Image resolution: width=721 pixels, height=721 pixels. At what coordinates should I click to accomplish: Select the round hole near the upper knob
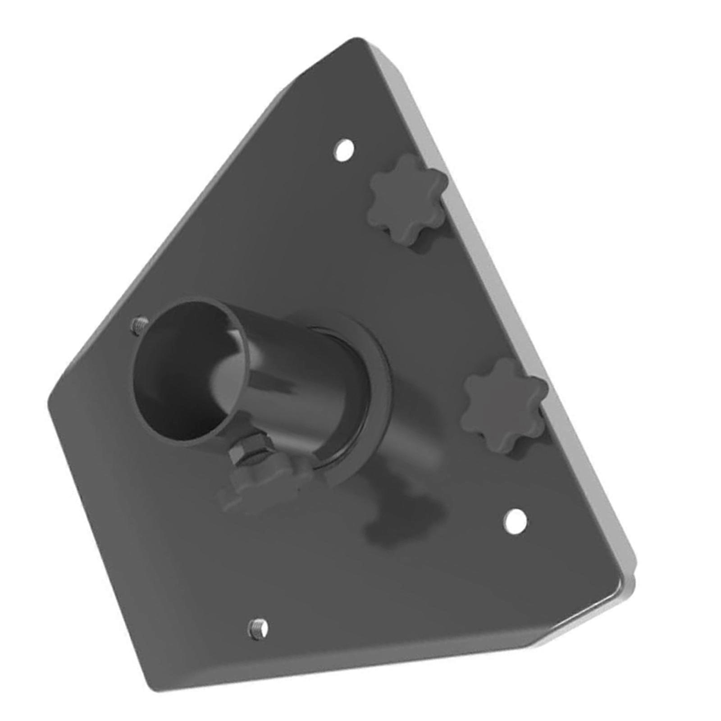tap(343, 150)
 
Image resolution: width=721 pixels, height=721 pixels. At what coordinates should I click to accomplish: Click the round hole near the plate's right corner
tap(515, 522)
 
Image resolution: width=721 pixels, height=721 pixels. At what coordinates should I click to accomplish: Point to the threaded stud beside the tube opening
tap(139, 324)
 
